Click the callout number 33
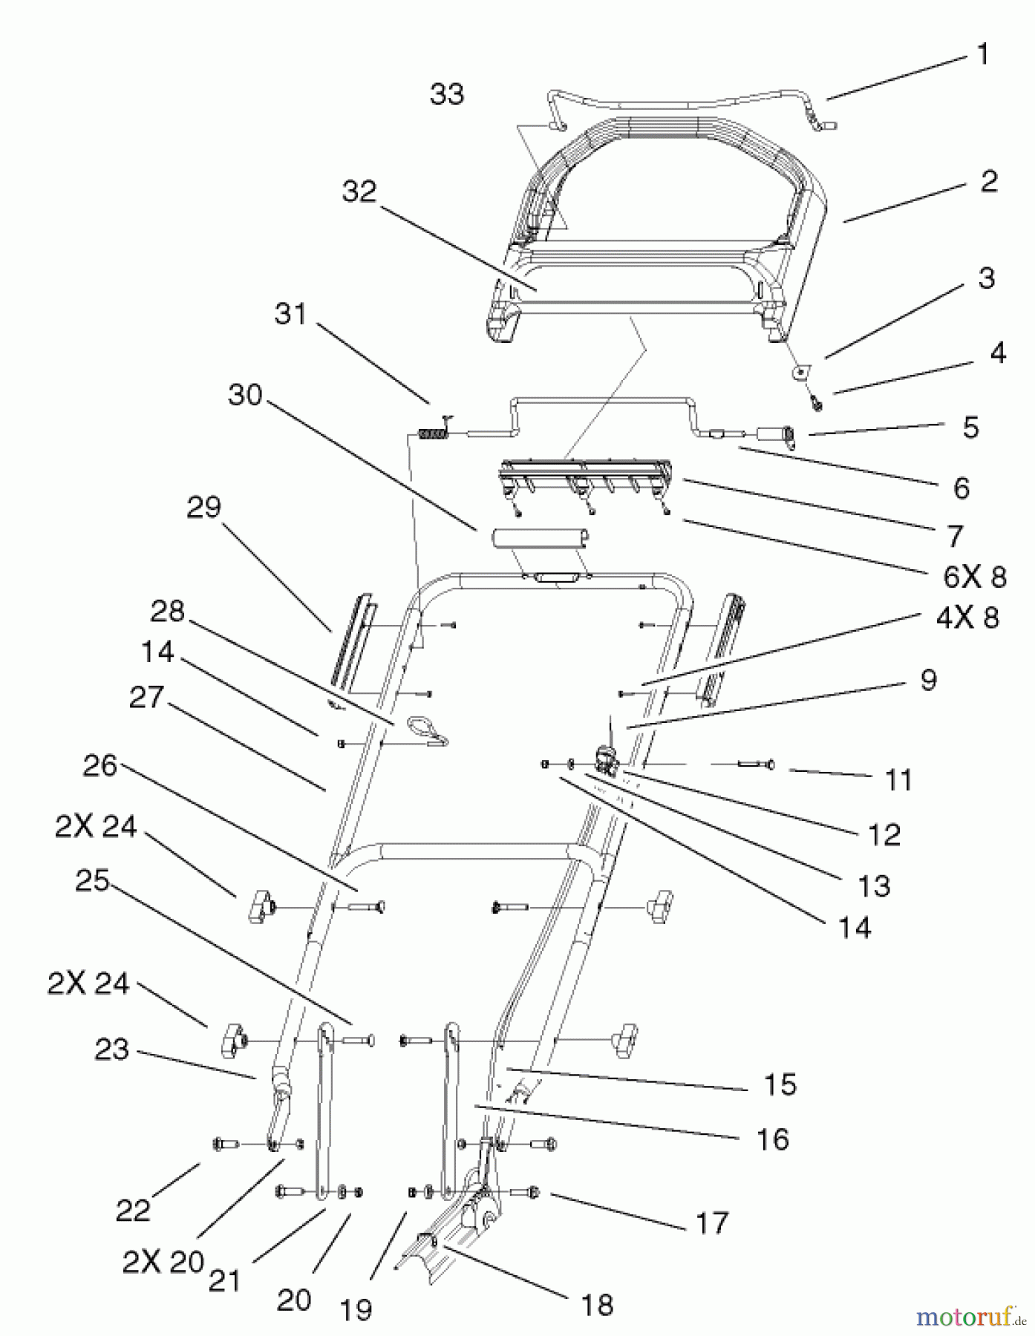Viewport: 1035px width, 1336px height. pyautogui.click(x=447, y=94)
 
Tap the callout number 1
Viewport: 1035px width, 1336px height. pyautogui.click(x=982, y=54)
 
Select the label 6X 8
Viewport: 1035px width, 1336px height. pyautogui.click(x=975, y=577)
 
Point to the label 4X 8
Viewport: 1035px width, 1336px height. pyautogui.click(x=967, y=618)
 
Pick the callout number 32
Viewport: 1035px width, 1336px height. pyautogui.click(x=359, y=191)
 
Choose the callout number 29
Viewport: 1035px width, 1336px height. pyautogui.click(x=203, y=507)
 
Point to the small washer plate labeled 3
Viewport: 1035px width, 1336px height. pyautogui.click(x=801, y=369)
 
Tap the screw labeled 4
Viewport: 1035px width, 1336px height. pyautogui.click(x=817, y=403)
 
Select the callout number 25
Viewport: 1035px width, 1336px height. pyautogui.click(x=93, y=880)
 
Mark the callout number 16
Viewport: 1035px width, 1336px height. pyautogui.click(x=772, y=1139)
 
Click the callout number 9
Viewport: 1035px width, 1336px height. pyautogui.click(x=928, y=680)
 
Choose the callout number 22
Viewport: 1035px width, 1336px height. pyautogui.click(x=133, y=1211)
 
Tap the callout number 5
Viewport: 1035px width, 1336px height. pyautogui.click(x=970, y=428)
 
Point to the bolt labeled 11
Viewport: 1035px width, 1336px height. pyautogui.click(x=754, y=764)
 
